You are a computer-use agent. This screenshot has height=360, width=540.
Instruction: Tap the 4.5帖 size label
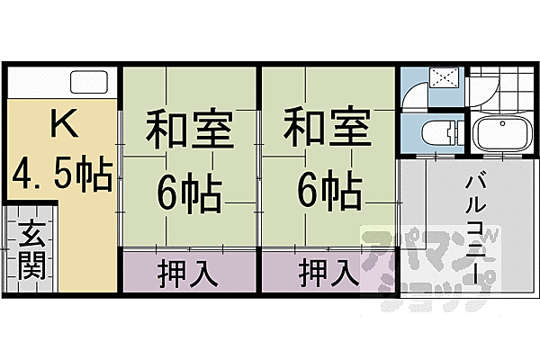61,174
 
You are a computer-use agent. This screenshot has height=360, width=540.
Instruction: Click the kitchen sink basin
88,84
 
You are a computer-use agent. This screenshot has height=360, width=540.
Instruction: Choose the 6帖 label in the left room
191,190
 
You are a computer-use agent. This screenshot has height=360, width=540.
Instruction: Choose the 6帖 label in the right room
328,190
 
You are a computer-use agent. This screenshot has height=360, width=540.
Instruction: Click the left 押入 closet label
190,271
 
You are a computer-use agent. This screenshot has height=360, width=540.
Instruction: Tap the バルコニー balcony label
475,225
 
